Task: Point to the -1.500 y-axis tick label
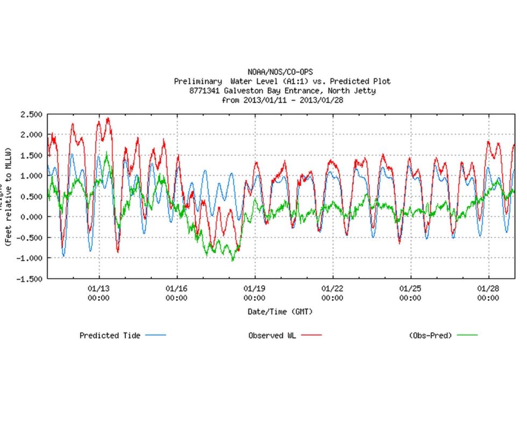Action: click(x=30, y=279)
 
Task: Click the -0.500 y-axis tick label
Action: click(x=30, y=237)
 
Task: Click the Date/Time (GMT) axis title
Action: click(x=280, y=312)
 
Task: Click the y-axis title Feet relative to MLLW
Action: click(x=9, y=197)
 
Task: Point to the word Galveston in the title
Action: click(x=250, y=91)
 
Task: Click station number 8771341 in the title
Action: click(x=206, y=91)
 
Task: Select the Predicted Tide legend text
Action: click(x=110, y=335)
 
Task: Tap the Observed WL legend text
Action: click(x=273, y=335)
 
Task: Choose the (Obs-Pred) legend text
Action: click(x=430, y=335)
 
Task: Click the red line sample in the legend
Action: click(x=311, y=335)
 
